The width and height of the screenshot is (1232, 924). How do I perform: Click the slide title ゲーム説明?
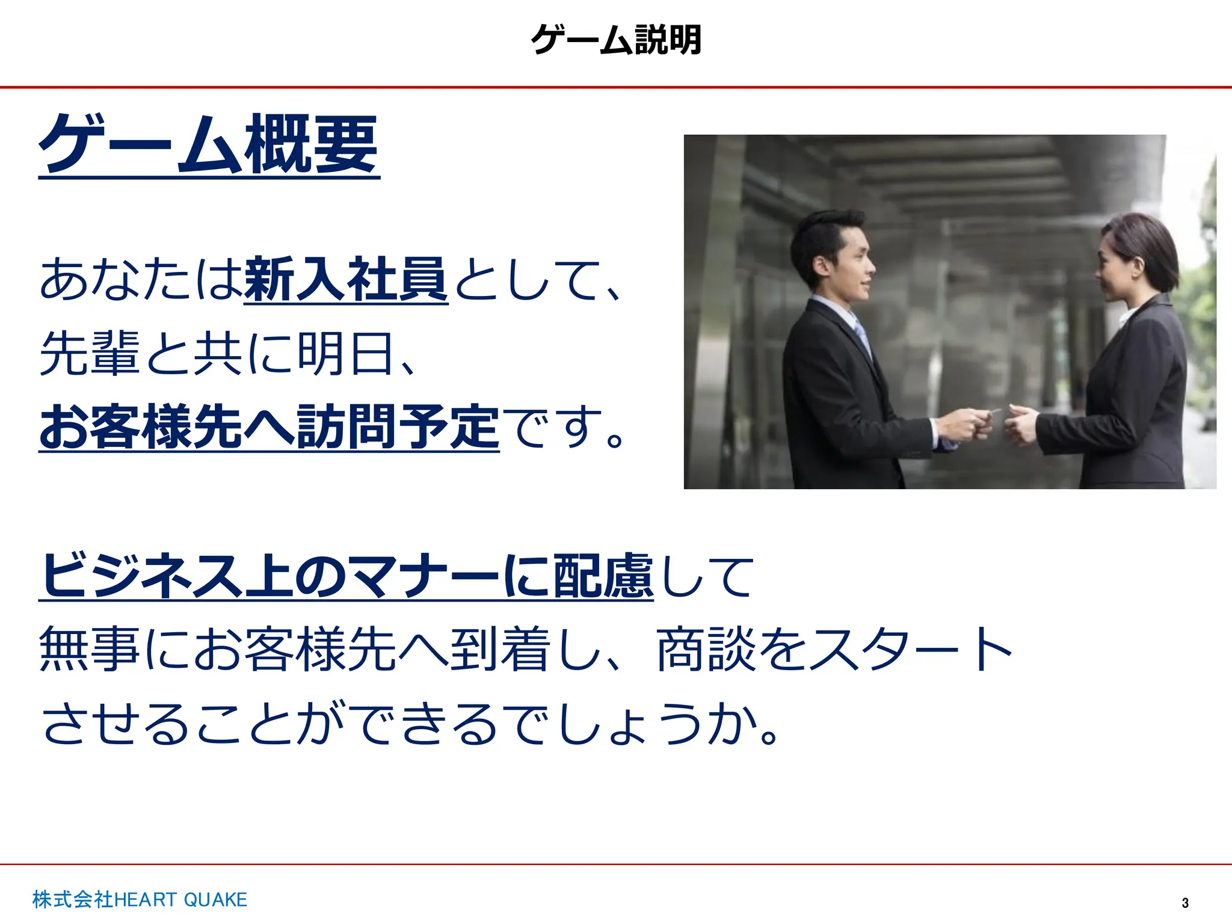(616, 40)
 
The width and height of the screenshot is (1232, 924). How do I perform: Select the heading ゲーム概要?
(209, 144)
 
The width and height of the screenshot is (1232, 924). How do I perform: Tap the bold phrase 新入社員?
(346, 279)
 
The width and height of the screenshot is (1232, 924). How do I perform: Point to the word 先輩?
(90, 353)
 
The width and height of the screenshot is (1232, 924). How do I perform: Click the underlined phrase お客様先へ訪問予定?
(269, 427)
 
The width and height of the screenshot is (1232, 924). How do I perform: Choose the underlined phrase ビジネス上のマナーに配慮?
(346, 576)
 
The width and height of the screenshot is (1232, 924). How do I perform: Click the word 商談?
(706, 649)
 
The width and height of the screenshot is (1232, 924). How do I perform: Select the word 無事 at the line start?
(90, 649)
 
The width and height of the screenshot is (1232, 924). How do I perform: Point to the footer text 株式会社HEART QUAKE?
(140, 899)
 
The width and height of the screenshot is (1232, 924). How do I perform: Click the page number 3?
(1185, 903)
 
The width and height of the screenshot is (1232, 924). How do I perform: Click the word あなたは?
(141, 279)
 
